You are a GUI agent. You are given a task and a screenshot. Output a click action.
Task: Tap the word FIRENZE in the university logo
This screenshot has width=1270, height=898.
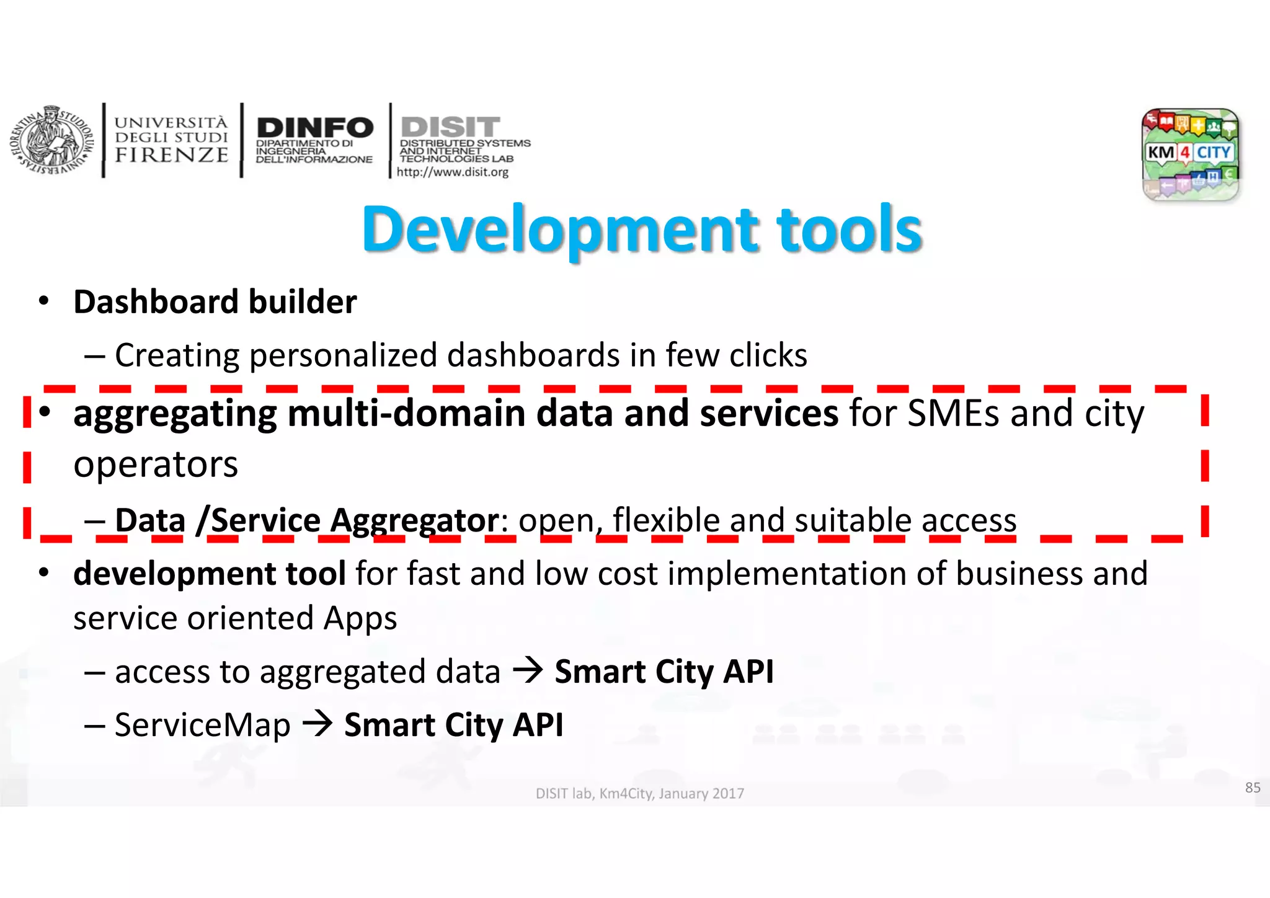coord(171,155)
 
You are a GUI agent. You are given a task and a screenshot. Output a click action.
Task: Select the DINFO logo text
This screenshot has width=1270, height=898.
coord(315,128)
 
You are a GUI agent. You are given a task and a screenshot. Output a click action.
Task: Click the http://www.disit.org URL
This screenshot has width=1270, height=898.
coord(452,172)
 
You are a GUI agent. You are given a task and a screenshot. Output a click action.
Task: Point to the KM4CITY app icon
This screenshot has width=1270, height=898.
coord(1190,154)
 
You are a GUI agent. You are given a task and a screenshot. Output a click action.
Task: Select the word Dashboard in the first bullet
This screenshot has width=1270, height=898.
coord(156,302)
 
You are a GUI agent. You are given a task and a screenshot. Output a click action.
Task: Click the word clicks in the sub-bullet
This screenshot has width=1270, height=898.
coord(768,355)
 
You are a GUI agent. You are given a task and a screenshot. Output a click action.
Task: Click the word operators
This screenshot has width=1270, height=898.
coord(156,465)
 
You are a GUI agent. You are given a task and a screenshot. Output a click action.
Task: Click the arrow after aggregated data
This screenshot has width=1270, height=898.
coord(528,670)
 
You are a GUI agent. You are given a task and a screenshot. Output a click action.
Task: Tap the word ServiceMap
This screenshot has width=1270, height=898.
coord(202,725)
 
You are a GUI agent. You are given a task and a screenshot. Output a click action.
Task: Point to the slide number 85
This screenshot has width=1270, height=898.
coord(1253,788)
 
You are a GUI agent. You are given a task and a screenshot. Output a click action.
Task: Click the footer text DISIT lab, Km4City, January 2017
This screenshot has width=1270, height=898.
coord(639,793)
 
